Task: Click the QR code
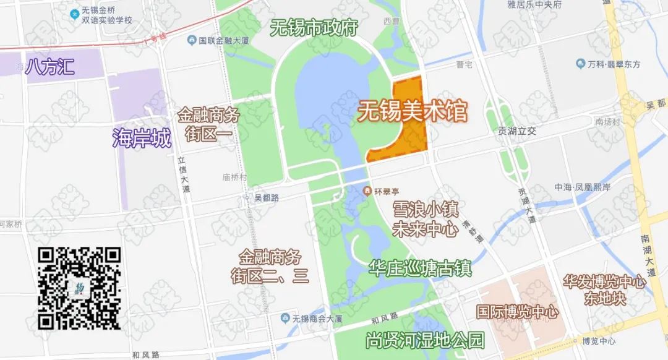pyautogui.click(x=79, y=288)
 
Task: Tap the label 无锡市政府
pyautogui.click(x=314, y=28)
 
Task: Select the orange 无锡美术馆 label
pyautogui.click(x=413, y=112)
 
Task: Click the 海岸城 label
pyautogui.click(x=142, y=139)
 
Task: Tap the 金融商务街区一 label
pyautogui.click(x=208, y=124)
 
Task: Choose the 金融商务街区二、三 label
pyautogui.click(x=270, y=266)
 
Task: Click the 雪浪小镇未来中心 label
pyautogui.click(x=425, y=218)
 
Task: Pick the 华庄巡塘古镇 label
pyautogui.click(x=420, y=268)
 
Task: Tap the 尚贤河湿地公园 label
pyautogui.click(x=424, y=340)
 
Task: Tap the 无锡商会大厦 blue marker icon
pyautogui.click(x=285, y=319)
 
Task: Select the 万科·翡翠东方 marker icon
pyautogui.click(x=580, y=64)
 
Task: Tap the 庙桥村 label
pyautogui.click(x=234, y=177)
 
